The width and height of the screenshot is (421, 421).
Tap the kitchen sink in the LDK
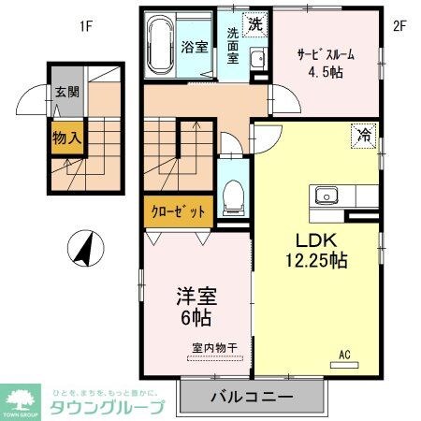tap(327, 196)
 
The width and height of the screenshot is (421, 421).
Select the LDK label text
tap(316, 240)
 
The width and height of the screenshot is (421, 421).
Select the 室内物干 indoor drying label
tap(214, 347)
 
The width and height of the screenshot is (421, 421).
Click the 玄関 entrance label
tap(65, 93)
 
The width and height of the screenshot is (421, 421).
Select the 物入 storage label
tap(64, 138)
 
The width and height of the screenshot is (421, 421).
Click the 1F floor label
tap(85, 25)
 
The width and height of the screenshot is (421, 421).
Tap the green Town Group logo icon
tap(20, 399)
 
